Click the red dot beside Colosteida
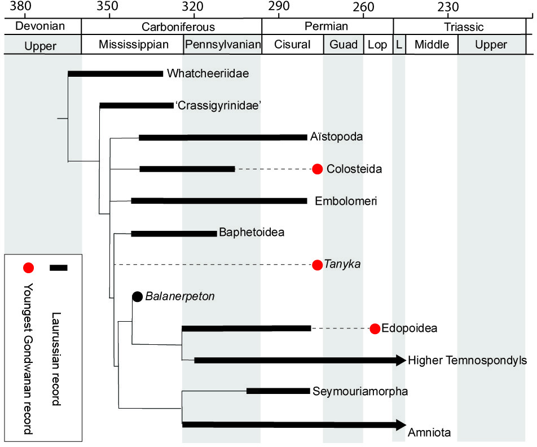click(x=318, y=169)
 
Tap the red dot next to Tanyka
click(x=318, y=265)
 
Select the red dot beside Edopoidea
click(x=375, y=328)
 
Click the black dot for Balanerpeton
click(x=137, y=296)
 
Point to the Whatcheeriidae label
click(x=208, y=73)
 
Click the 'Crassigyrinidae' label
click(x=218, y=106)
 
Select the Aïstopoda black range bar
click(x=223, y=137)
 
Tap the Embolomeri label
click(x=346, y=201)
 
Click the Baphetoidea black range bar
click(x=174, y=233)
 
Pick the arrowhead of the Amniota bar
click(x=401, y=424)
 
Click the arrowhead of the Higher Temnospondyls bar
click(x=401, y=360)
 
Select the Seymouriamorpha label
click(x=360, y=391)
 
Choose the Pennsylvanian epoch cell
click(x=223, y=45)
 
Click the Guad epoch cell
click(x=344, y=45)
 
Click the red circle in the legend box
click(x=29, y=268)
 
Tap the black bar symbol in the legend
click(x=58, y=268)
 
